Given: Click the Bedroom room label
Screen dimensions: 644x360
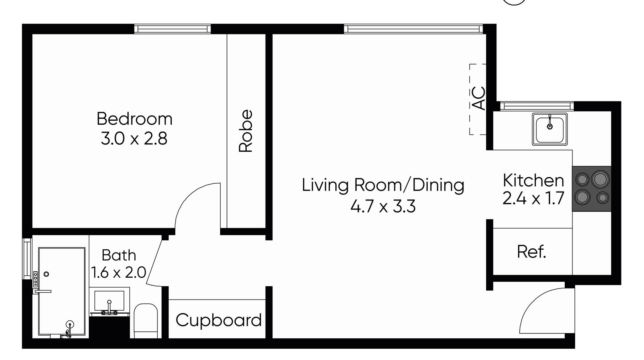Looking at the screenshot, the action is click(134, 119).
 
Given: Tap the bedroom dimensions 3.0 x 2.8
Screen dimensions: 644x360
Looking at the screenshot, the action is click(134, 138).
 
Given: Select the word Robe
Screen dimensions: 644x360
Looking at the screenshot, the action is click(245, 131).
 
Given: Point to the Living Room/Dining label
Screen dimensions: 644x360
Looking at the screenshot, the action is click(383, 185).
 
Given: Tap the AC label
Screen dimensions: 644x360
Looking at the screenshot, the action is click(479, 98).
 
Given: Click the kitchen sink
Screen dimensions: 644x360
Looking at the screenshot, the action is click(550, 129).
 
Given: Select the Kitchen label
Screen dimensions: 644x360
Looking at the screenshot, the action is click(533, 180).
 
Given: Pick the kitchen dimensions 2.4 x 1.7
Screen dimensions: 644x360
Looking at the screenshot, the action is click(533, 198).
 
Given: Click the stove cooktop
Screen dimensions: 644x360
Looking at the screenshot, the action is click(592, 189).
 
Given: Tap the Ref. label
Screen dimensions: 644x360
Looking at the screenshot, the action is click(531, 252).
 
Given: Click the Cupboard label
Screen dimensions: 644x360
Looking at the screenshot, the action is click(219, 320).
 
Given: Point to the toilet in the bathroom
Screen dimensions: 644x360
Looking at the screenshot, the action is click(146, 321).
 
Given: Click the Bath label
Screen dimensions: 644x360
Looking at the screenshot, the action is click(119, 255).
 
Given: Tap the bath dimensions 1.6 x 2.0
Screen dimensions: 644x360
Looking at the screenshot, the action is click(118, 273).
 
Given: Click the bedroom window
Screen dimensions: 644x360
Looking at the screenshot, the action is click(173, 29).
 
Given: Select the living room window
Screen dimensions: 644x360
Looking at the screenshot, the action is click(413, 29).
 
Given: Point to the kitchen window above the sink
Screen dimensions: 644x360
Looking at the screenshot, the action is click(537, 106).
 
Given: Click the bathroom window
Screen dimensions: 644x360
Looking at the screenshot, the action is click(27, 259).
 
